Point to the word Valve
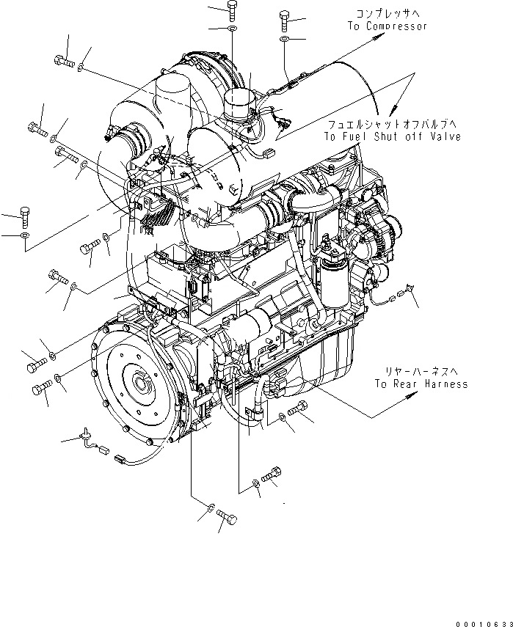(x=445, y=137)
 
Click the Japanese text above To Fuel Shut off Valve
(x=393, y=125)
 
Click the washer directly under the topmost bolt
(x=232, y=29)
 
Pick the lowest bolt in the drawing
(x=228, y=521)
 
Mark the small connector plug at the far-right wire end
(x=400, y=297)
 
